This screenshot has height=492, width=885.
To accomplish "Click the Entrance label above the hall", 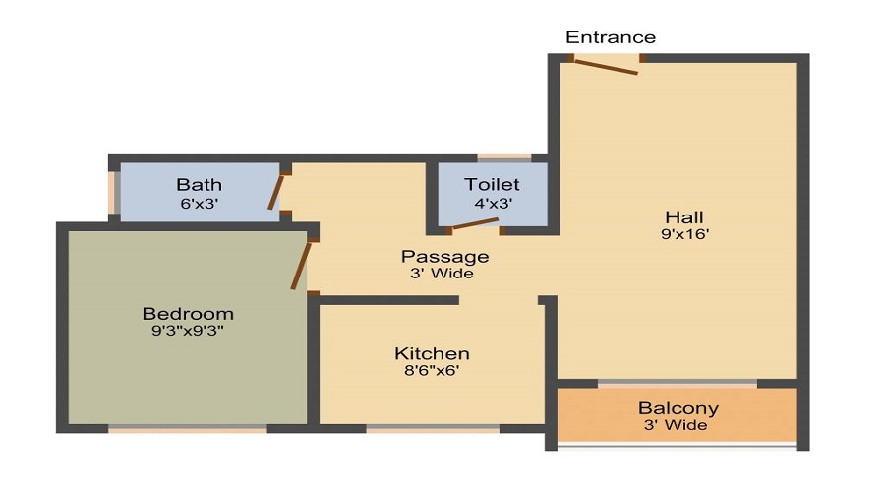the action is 611,37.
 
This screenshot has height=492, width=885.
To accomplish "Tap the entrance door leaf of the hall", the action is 606,67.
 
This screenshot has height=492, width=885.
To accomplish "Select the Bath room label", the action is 200,185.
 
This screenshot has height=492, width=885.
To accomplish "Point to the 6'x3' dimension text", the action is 200,204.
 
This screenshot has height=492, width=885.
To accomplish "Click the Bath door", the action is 276,192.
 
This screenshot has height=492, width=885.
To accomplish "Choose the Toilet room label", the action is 493,184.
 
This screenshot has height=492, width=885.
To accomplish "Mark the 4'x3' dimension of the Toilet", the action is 493,203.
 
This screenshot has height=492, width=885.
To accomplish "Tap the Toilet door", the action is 475,224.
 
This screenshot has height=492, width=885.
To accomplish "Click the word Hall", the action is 684,216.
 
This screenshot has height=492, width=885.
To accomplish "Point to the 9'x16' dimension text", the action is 684,234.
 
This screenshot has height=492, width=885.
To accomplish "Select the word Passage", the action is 444,257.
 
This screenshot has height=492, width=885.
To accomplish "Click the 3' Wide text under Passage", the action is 442,274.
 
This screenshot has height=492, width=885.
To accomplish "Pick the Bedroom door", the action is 301,266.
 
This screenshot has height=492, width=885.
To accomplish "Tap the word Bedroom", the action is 188,314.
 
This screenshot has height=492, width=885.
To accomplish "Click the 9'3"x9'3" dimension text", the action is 188,331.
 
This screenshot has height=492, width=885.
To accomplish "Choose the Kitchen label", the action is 432,353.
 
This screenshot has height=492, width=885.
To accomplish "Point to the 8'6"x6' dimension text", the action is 432,371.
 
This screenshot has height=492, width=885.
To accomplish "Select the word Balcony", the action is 678,407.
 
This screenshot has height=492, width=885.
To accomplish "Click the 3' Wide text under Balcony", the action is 676,425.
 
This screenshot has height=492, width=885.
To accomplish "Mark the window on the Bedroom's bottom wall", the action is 188,429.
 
